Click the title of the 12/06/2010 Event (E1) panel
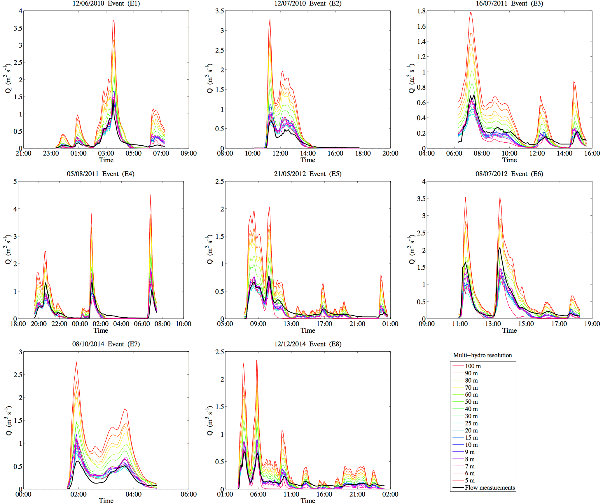click(x=106, y=4)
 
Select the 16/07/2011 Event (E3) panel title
click(x=509, y=4)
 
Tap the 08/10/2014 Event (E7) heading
click(x=106, y=344)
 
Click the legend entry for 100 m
click(x=473, y=366)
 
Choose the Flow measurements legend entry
click(x=490, y=488)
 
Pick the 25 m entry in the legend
click(x=471, y=423)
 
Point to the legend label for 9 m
click(x=469, y=452)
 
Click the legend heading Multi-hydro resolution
click(x=482, y=355)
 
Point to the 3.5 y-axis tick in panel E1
click(x=18, y=28)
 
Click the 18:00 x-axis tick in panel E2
click(x=363, y=154)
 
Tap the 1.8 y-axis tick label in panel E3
click(x=421, y=11)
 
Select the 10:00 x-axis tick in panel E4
click(x=183, y=324)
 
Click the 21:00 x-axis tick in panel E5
click(x=357, y=324)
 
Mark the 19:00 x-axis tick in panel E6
click(x=592, y=324)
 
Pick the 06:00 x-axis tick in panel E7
click(x=188, y=494)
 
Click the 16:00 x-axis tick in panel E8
click(x=324, y=494)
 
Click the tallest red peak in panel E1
click(x=113, y=20)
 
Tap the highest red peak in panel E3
click(x=471, y=13)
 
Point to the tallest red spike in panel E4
click(x=151, y=195)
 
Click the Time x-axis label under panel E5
click(x=308, y=330)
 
